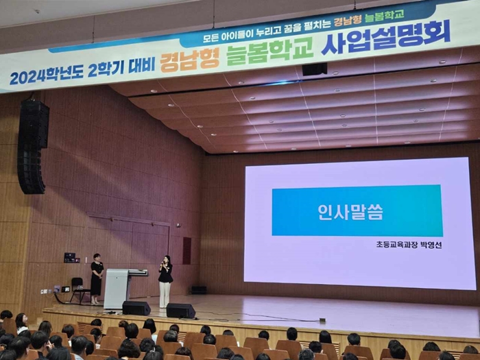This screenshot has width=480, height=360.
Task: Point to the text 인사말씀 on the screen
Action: pyautogui.click(x=350, y=212)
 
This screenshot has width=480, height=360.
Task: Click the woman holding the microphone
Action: pyautogui.click(x=165, y=282)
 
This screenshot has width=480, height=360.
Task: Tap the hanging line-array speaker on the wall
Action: pyautogui.click(x=33, y=147)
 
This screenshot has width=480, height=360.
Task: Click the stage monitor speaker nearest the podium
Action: pyautogui.click(x=136, y=308)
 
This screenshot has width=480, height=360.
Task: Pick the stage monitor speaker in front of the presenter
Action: pyautogui.click(x=180, y=311)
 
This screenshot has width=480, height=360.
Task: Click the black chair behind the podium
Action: pyautogui.click(x=79, y=289)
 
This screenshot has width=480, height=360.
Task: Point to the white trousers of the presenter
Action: pyautogui.click(x=165, y=294)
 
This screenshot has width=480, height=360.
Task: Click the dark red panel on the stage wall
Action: pyautogui.click(x=187, y=251)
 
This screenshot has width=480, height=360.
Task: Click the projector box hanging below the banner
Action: pyautogui.click(x=314, y=69)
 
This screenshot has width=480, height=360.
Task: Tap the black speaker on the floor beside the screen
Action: pyautogui.click(x=199, y=290)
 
